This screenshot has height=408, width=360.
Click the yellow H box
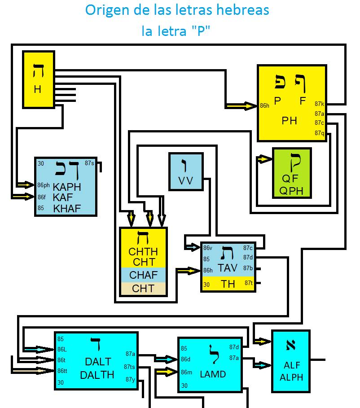tap(38, 79)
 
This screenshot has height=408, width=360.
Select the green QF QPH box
tap(291, 173)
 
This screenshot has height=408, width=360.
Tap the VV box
tap(185, 171)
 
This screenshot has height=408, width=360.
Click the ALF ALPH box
tap(291, 360)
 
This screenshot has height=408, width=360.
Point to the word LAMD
tap(213, 374)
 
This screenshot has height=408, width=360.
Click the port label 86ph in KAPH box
tap(44, 185)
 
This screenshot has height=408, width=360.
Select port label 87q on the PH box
tap(319, 133)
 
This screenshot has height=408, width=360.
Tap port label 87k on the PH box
tap(319, 104)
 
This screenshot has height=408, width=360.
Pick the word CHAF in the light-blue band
tap(143, 274)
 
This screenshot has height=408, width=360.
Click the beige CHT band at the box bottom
tap(143, 289)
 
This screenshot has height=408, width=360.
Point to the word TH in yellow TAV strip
tap(228, 284)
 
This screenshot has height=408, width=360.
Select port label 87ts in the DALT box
tap(129, 367)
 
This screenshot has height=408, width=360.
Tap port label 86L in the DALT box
tap(62, 349)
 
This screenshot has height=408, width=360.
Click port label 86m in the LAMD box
tap(186, 372)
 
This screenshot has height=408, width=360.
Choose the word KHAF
tap(67, 208)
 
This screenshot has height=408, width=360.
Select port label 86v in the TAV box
tap(207, 248)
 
